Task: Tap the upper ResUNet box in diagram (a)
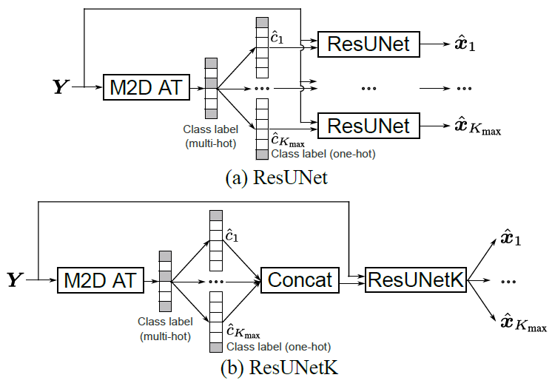pos(368,45)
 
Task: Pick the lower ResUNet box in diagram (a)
pos(368,125)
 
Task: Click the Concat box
pos(300,280)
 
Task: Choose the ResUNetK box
pos(416,280)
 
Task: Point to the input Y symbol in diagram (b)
pos(15,280)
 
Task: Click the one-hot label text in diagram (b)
pos(278,346)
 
